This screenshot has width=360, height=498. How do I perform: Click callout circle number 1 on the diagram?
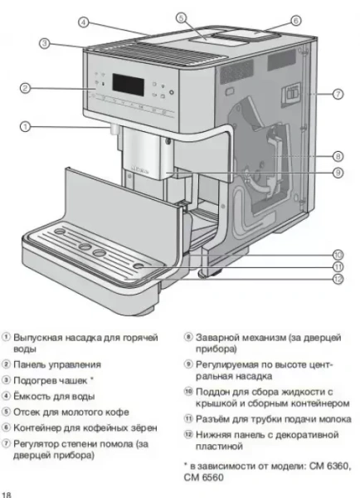click(x=26, y=127)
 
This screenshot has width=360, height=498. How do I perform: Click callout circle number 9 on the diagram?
click(x=338, y=173)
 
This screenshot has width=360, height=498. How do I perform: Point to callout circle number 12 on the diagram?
click(x=338, y=279)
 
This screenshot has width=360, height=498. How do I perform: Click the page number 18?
click(x=7, y=493)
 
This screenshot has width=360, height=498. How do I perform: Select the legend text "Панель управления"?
click(x=57, y=364)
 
